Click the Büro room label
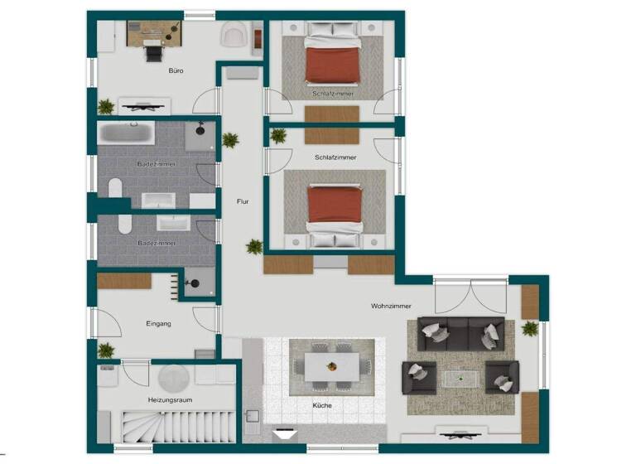[176, 71]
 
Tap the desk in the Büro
[154, 33]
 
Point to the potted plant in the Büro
[105, 106]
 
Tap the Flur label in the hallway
[243, 201]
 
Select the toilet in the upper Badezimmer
[116, 189]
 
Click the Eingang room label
[158, 323]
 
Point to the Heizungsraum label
[165, 399]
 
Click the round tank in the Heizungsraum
[175, 379]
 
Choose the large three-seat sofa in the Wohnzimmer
[460, 333]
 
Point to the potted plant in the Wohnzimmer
[530, 328]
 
